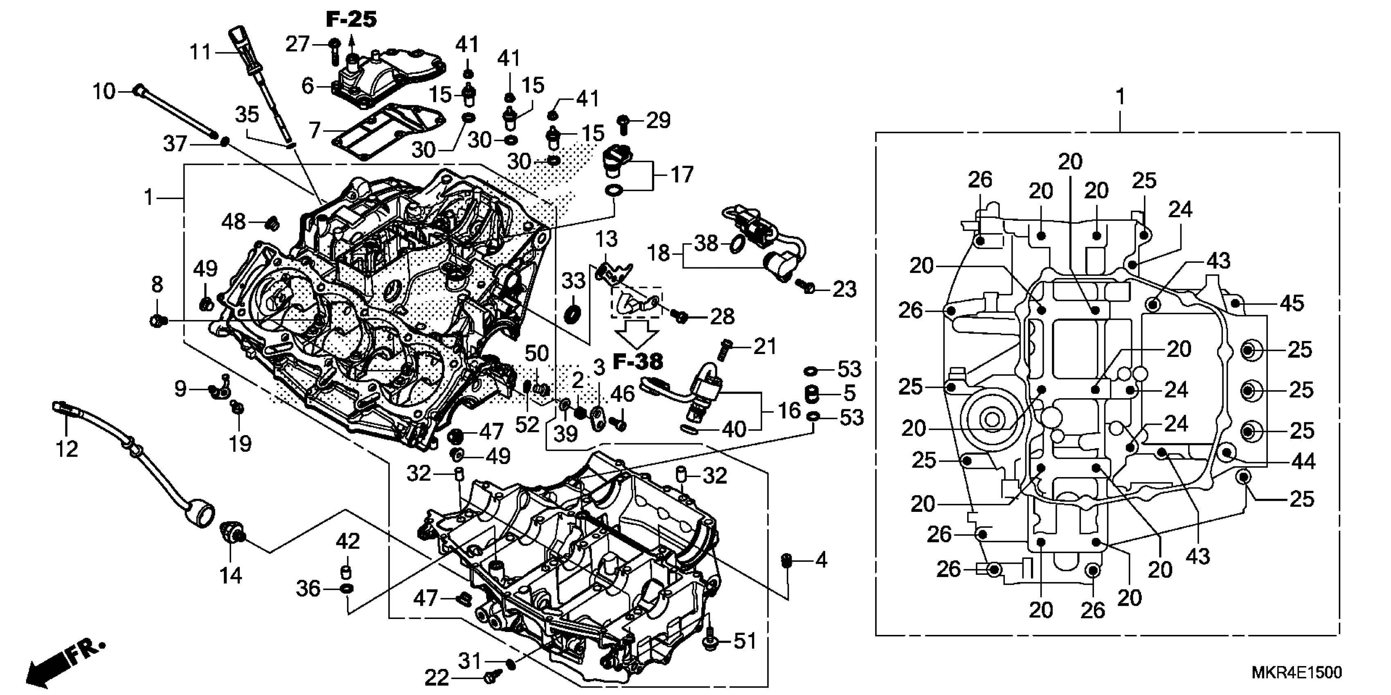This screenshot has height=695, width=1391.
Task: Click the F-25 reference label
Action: [x=351, y=20]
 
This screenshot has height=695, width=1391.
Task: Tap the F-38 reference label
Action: [x=638, y=361]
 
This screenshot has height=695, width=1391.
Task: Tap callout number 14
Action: [x=231, y=576]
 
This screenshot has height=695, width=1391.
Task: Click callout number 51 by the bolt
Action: [x=745, y=641]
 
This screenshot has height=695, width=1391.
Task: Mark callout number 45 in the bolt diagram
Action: [x=1292, y=303]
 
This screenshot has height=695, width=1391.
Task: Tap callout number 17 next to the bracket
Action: [x=682, y=175]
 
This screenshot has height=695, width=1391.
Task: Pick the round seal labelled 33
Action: [x=572, y=314]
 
